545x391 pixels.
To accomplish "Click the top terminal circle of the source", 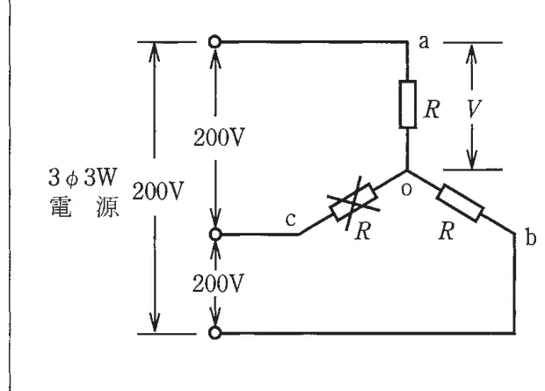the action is [x=214, y=42].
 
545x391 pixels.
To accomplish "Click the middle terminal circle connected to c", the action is [x=215, y=235].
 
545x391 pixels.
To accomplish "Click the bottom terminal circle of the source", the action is [x=214, y=333].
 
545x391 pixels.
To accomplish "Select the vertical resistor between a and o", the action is [x=407, y=105].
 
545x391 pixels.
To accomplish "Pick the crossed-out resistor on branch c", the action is [x=353, y=202].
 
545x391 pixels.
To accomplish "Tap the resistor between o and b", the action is [x=460, y=203].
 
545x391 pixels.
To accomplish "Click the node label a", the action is [x=424, y=42].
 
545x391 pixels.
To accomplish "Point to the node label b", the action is [x=530, y=238].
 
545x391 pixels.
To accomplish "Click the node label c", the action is [x=291, y=220].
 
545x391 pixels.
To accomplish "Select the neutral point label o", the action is [x=406, y=190].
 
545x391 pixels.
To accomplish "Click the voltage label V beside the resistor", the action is [x=474, y=108].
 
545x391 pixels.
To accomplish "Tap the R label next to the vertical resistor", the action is [x=432, y=110].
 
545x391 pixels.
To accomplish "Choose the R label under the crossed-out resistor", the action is [x=363, y=231].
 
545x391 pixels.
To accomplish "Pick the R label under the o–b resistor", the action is [x=447, y=231].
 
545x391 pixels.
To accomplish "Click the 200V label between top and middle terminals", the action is [x=219, y=138].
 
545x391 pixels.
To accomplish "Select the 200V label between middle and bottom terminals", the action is [x=218, y=284].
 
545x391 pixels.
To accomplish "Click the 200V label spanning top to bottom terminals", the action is [x=158, y=192].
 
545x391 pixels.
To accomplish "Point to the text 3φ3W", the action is [x=83, y=177].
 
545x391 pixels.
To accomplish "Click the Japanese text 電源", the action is [x=84, y=206].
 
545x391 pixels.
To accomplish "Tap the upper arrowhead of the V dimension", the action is [x=472, y=54].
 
